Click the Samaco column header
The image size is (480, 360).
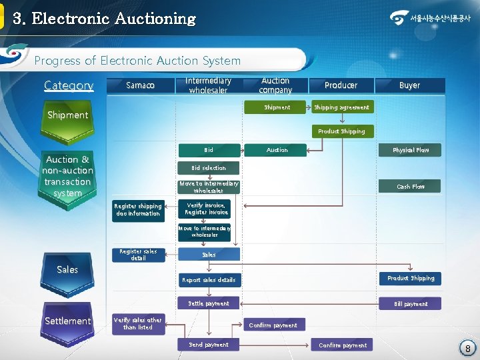[140, 85]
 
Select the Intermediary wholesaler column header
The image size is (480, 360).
[208, 85]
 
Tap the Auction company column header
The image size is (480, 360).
[275, 85]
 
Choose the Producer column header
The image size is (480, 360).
[341, 85]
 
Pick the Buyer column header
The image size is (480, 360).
[409, 85]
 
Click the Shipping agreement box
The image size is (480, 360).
[341, 107]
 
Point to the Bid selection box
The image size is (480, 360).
[209, 168]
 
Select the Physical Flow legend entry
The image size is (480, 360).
[411, 150]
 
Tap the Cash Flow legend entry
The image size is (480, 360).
[411, 187]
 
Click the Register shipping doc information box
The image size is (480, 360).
[139, 210]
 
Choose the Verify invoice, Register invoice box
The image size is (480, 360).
[208, 209]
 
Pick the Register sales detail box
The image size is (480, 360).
[139, 255]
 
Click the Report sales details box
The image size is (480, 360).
[209, 280]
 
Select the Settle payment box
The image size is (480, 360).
[209, 303]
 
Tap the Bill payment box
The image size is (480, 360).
[411, 304]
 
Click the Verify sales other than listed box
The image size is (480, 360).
[137, 324]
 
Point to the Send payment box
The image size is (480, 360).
[209, 345]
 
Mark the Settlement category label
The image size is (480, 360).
[67, 321]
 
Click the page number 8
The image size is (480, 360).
[468, 349]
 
